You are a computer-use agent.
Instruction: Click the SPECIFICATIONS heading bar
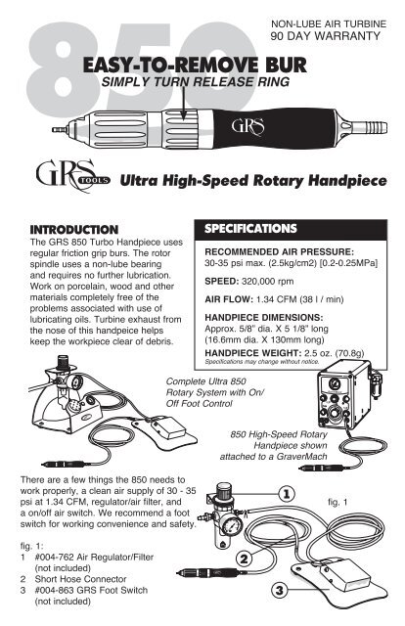pos(291,229)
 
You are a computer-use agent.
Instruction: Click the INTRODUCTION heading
pos(74,230)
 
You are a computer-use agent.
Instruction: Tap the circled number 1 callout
pos(287,494)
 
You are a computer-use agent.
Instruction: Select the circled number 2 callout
pos(244,559)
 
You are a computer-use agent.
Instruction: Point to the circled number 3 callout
pos(279,590)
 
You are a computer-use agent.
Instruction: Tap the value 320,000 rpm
pos(268,281)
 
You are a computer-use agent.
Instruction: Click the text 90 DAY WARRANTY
pos(325,36)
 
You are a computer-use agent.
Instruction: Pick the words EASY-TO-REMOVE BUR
pos(195,66)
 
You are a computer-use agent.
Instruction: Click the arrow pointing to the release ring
pos(183,103)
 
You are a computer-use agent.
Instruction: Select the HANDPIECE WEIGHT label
pos(253,353)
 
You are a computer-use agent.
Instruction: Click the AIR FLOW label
pos(229,299)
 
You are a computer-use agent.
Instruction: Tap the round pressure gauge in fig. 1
pos(231,525)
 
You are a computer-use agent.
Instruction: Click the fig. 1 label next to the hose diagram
pos(337,502)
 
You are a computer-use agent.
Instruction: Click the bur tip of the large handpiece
pos(58,130)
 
